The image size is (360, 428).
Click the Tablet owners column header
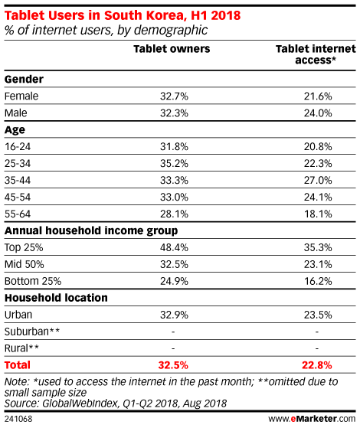coord(172,49)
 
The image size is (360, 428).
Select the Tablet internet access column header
coord(316,54)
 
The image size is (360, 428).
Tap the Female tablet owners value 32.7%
coord(174,96)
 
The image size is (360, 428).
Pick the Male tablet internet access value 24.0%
coord(318,113)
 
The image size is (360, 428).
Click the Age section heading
coord(15,130)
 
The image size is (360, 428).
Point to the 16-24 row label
coord(18,147)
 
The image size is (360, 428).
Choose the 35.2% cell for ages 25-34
coord(174,164)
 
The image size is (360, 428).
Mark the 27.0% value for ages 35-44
coord(318,181)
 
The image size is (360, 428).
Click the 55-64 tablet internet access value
coord(318,214)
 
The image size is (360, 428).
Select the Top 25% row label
coord(24,248)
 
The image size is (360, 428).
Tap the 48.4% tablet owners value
coord(174,247)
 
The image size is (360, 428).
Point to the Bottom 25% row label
coord(33,281)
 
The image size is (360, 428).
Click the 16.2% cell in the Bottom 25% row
coord(318,281)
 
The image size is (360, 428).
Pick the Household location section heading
coord(56,298)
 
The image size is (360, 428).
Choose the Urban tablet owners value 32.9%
coord(174,315)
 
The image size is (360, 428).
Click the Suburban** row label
coord(32,332)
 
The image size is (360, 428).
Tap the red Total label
coord(18,365)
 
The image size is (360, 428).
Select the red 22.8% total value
coord(317,365)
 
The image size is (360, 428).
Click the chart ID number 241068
coord(18,419)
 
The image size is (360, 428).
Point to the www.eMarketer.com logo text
coord(312,419)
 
